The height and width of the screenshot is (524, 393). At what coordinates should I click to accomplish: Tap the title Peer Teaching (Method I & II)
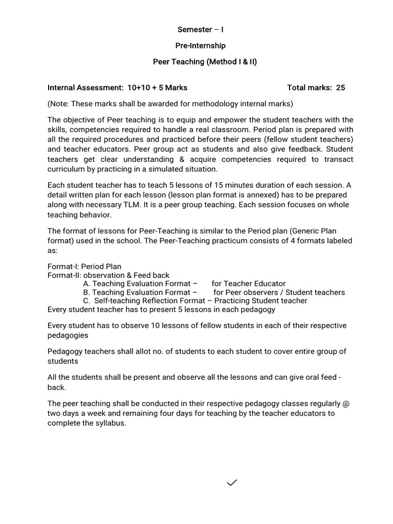[205, 62]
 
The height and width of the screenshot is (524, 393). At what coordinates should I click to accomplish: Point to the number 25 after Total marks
[340, 88]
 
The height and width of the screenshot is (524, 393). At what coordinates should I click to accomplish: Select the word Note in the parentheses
[59, 104]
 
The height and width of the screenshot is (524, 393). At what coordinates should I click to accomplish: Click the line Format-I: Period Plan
[84, 267]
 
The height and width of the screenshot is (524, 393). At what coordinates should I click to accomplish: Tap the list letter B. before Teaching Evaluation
[86, 292]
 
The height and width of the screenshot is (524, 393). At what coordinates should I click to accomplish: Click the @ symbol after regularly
[346, 404]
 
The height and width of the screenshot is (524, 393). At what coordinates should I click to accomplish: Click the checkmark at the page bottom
[232, 483]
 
